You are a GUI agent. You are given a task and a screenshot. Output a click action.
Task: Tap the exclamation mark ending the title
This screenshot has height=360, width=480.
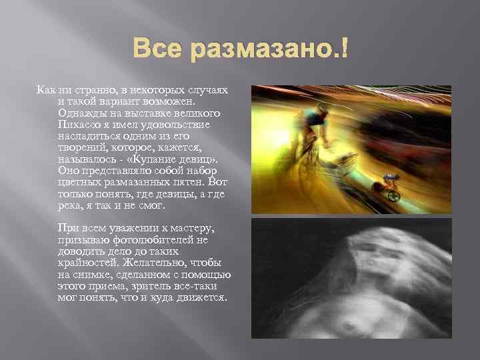344,49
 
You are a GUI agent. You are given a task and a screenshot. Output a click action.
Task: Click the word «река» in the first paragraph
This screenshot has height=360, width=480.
71,203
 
